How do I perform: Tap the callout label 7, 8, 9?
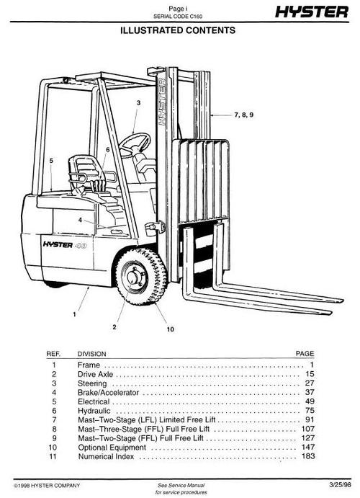[245, 115]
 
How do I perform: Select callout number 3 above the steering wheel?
[138, 103]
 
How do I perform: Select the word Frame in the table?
[88, 365]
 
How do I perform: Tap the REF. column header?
[53, 354]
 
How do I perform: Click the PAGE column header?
[305, 354]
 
